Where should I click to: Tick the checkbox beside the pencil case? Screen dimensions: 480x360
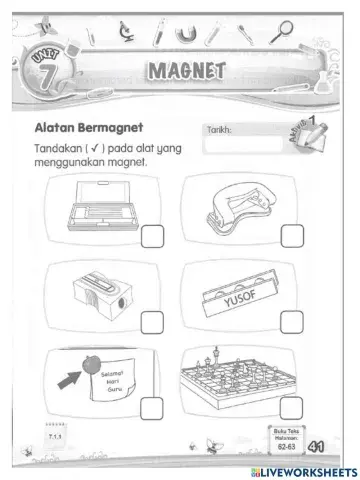[x=153, y=236]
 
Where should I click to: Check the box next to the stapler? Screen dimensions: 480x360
[x=292, y=236]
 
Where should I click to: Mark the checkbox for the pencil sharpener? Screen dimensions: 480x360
[x=153, y=321]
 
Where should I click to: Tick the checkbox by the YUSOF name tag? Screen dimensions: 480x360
[x=292, y=321]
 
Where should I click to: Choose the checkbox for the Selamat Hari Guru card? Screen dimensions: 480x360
[x=153, y=406]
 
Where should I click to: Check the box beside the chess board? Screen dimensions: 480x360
[x=292, y=406]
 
